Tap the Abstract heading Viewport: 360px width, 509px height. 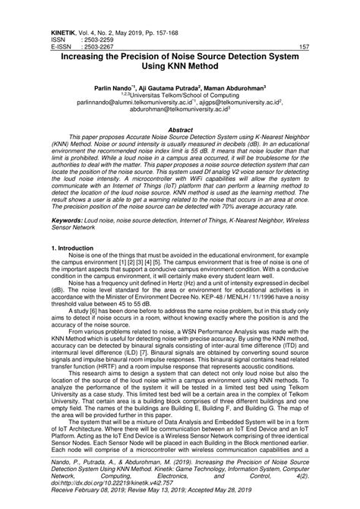180,130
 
